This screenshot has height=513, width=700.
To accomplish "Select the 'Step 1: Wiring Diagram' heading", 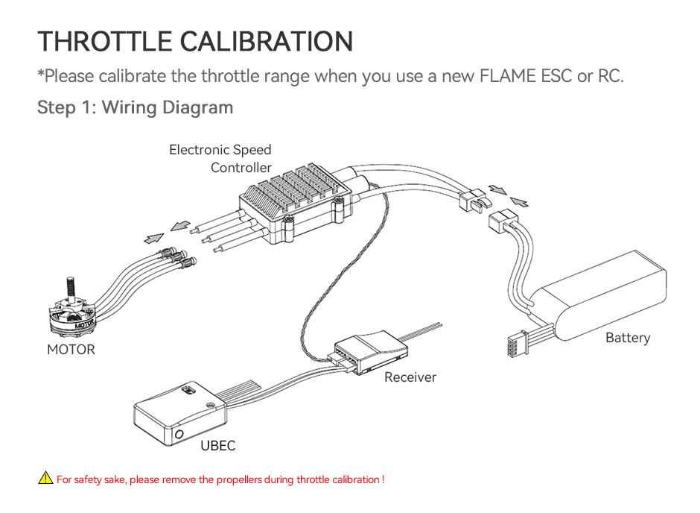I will coord(135,107).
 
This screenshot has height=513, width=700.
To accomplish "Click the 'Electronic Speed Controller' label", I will coord(220,159).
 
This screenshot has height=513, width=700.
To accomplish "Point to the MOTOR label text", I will coord(71,349).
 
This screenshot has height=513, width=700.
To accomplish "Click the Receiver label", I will coord(410,377).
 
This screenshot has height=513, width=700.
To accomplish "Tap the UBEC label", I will coord(217,446).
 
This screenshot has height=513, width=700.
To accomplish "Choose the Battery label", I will coord(627,338).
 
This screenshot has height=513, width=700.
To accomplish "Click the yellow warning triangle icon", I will coord(45,479).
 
